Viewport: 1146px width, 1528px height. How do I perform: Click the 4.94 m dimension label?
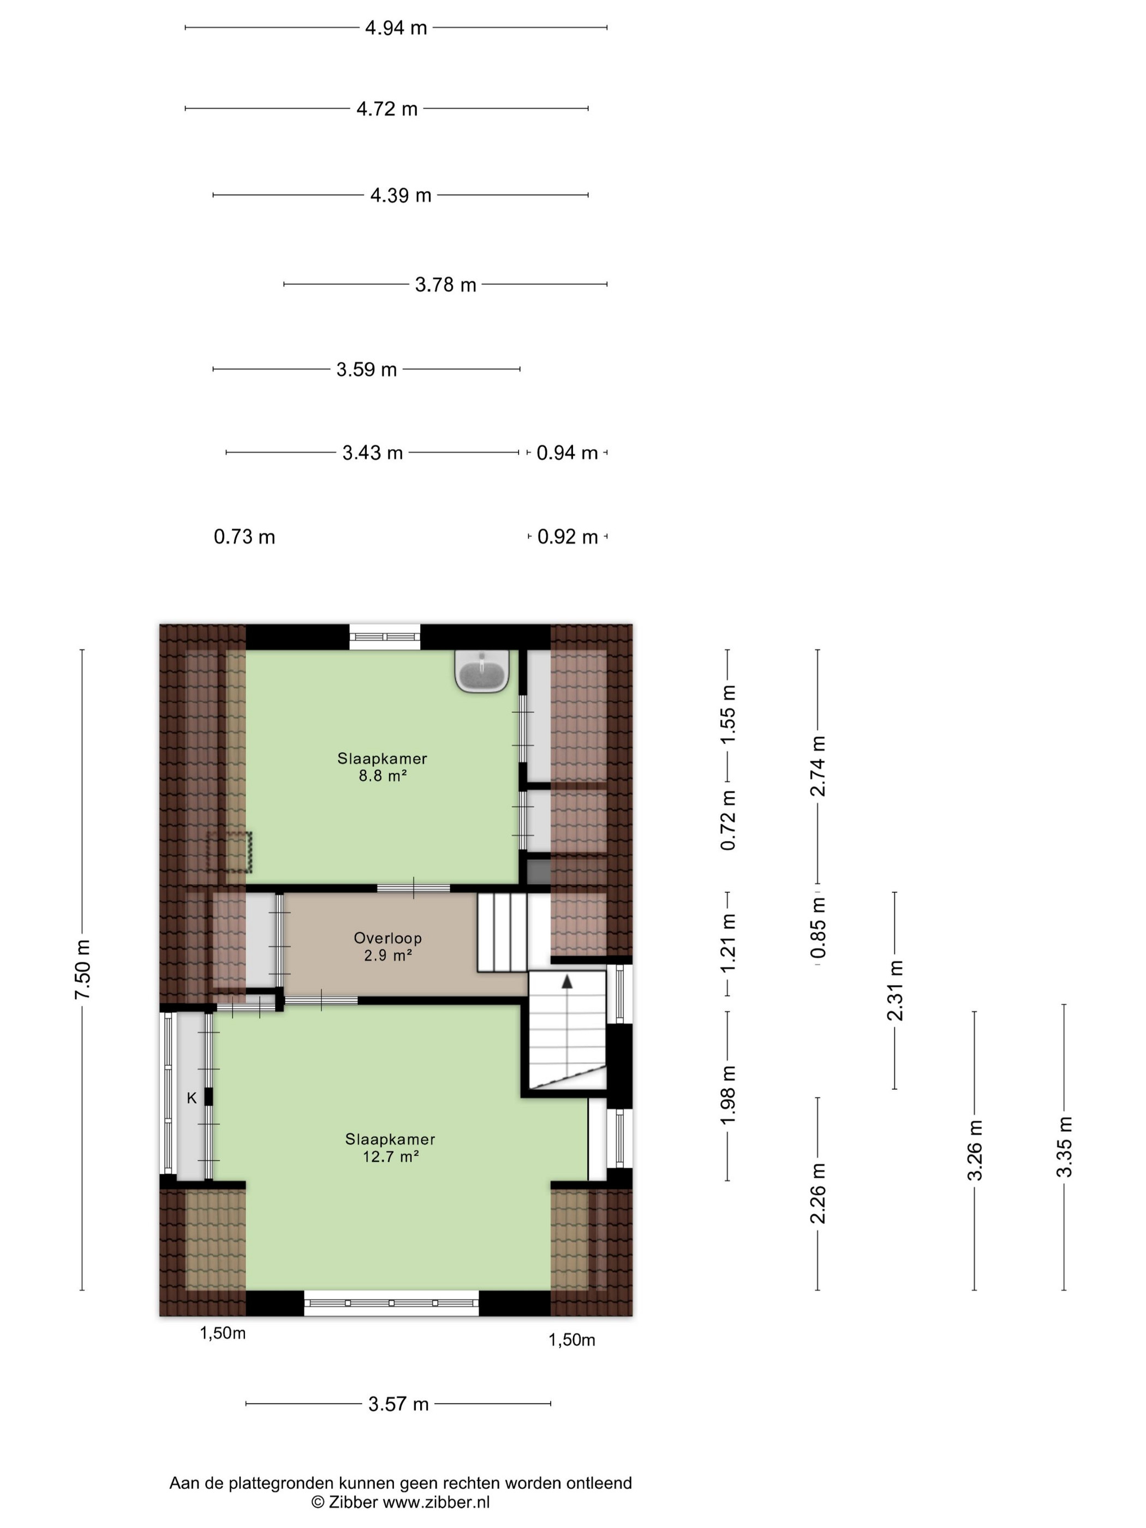tap(396, 28)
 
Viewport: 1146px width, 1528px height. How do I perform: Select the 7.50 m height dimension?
tap(82, 969)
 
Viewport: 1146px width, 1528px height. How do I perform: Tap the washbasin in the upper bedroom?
tap(482, 671)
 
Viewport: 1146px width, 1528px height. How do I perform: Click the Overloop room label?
tap(387, 938)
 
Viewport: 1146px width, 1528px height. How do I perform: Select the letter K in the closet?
tap(192, 1097)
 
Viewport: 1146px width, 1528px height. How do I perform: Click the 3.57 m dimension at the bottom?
tap(398, 1404)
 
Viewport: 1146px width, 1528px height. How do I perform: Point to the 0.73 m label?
tap(244, 537)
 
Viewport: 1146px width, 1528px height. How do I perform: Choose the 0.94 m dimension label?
tap(567, 452)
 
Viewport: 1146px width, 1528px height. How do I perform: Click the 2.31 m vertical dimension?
tap(896, 990)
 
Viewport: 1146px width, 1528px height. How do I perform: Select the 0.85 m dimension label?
tap(818, 927)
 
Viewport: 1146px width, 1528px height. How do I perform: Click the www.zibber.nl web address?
tap(436, 1502)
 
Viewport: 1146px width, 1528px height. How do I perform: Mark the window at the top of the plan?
tap(385, 637)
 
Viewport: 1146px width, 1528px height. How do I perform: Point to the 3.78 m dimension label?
tap(445, 285)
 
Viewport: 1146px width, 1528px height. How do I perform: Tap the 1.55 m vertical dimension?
tap(728, 714)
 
